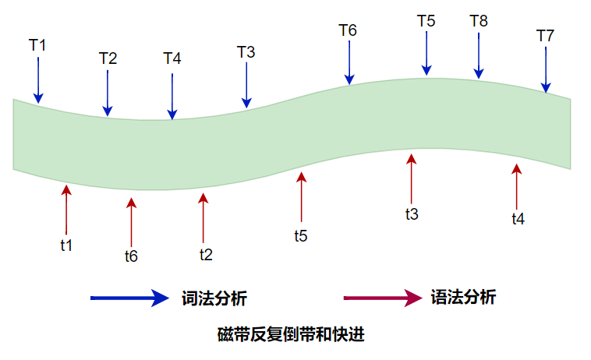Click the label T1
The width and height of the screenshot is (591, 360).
click(x=37, y=45)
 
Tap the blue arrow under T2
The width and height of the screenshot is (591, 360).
click(x=108, y=94)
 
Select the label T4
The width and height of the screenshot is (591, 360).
click(x=172, y=58)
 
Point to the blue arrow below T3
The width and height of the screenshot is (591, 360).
click(x=246, y=85)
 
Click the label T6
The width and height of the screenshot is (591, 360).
click(x=348, y=30)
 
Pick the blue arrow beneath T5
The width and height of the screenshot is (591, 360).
click(x=426, y=54)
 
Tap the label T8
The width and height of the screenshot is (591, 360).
click(x=479, y=21)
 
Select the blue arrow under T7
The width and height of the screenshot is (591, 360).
click(x=546, y=69)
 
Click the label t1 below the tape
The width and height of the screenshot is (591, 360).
click(x=66, y=245)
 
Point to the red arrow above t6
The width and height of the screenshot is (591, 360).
click(x=131, y=222)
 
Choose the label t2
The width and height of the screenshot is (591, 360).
click(x=206, y=255)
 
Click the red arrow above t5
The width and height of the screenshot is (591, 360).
click(x=301, y=197)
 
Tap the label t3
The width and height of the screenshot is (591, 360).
click(x=412, y=214)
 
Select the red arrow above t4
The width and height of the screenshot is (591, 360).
click(x=516, y=187)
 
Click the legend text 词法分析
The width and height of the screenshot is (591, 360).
click(x=214, y=298)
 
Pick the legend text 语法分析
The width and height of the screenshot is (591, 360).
click(x=463, y=297)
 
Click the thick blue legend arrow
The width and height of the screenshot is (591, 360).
click(x=129, y=298)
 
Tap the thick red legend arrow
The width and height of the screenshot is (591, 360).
click(x=383, y=298)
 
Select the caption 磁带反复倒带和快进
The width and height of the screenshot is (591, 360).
click(x=291, y=334)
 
